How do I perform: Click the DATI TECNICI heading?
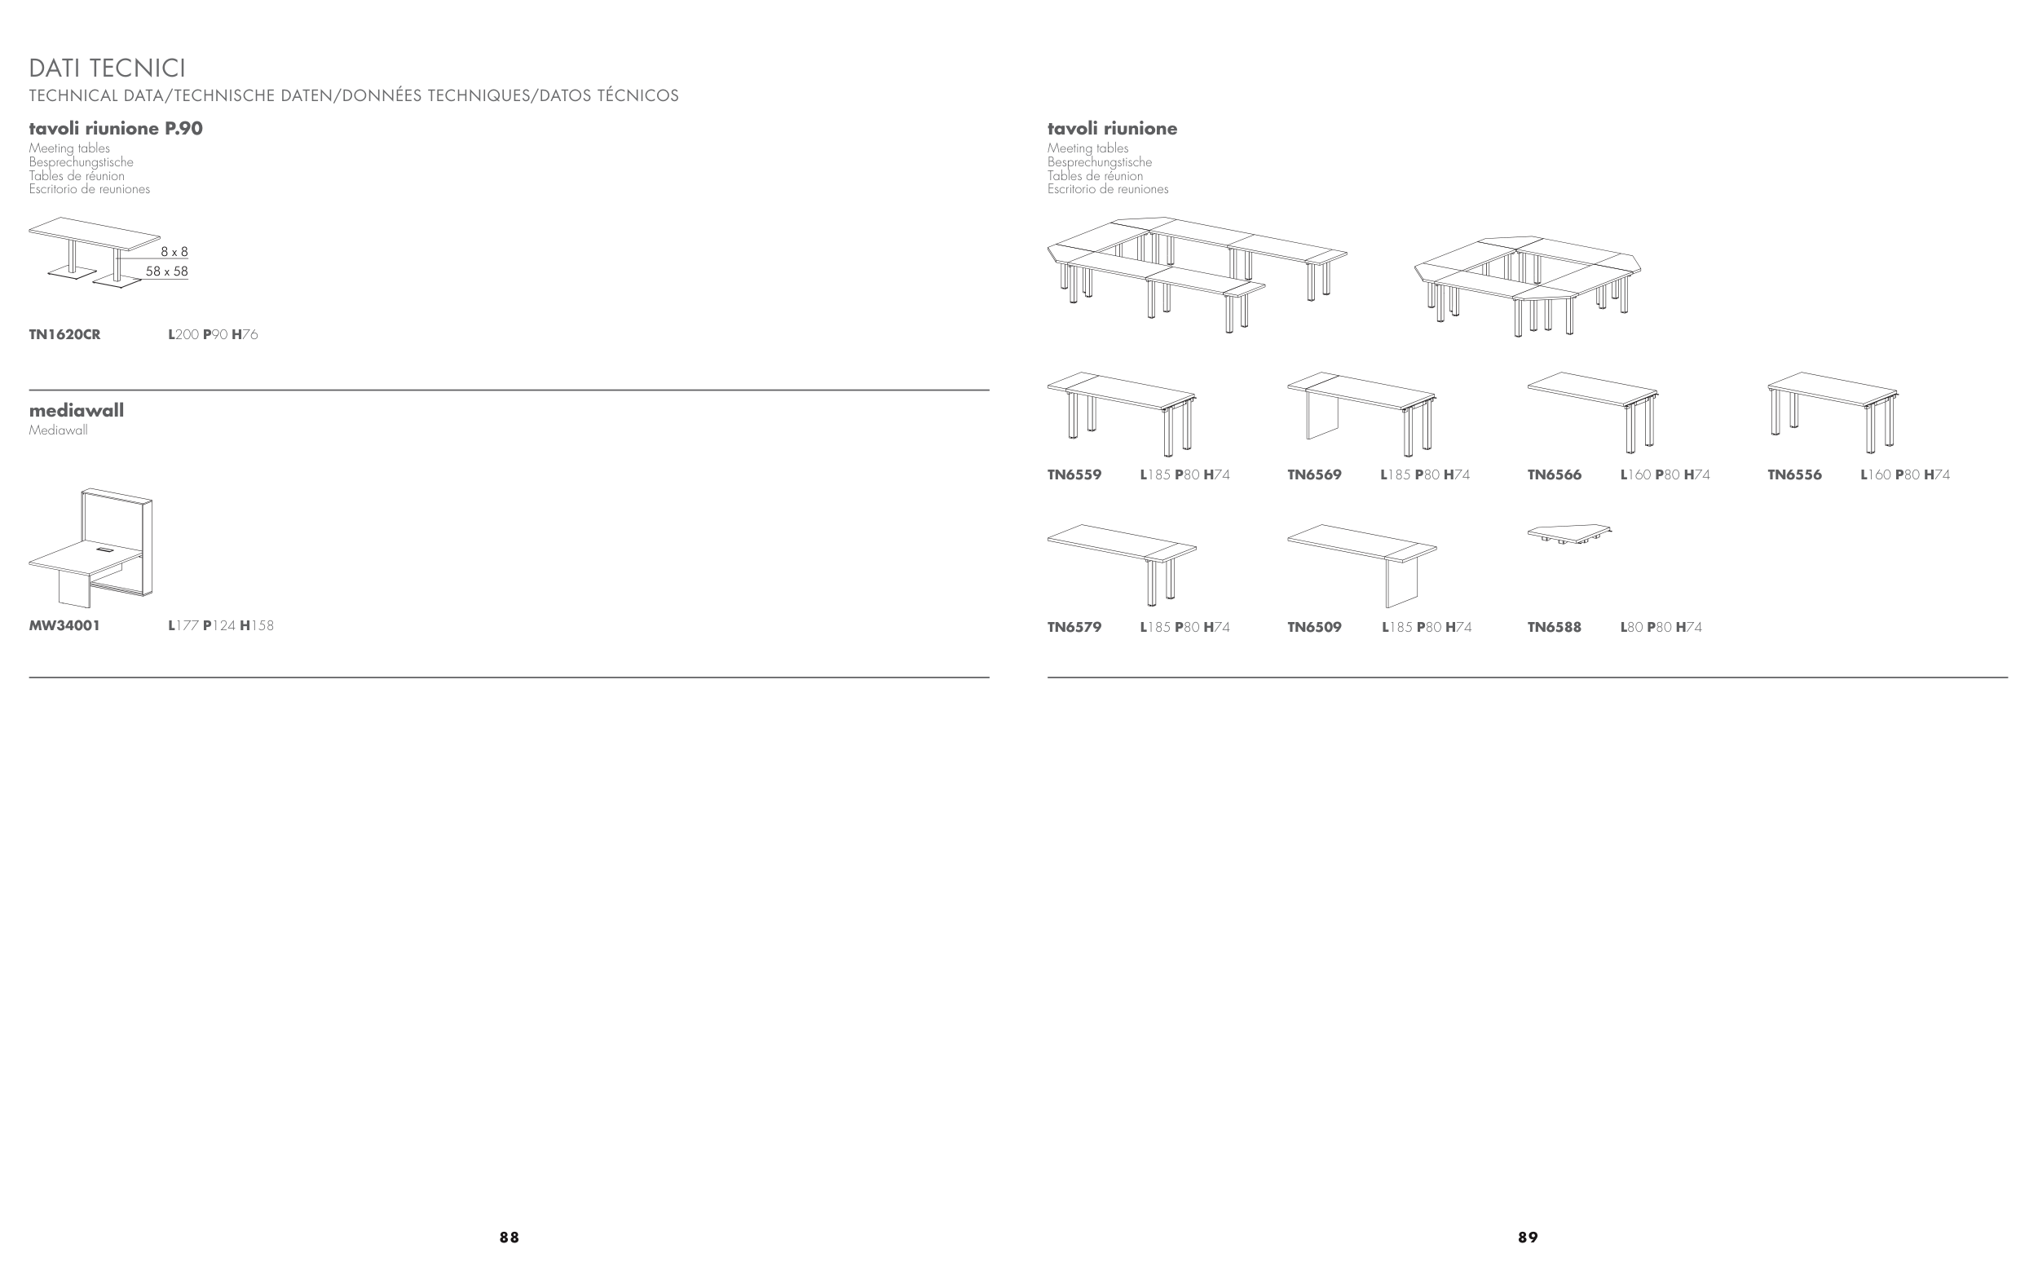pyautogui.click(x=108, y=68)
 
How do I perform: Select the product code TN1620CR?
pyautogui.click(x=64, y=335)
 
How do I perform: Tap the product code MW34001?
pyautogui.click(x=64, y=626)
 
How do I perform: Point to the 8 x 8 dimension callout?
pyautogui.click(x=174, y=251)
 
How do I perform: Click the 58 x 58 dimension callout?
pyautogui.click(x=167, y=271)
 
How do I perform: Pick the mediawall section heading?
pyautogui.click(x=76, y=411)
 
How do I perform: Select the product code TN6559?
pyautogui.click(x=1074, y=475)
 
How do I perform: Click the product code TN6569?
pyautogui.click(x=1314, y=475)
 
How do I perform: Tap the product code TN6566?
pyautogui.click(x=1554, y=475)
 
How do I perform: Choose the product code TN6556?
pyautogui.click(x=1794, y=475)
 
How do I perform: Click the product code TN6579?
pyautogui.click(x=1074, y=628)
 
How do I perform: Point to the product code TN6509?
pyautogui.click(x=1314, y=628)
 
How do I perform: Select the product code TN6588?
pyautogui.click(x=1554, y=628)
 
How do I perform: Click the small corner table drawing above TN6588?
pyautogui.click(x=1568, y=532)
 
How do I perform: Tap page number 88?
pyautogui.click(x=509, y=1238)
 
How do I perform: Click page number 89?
pyautogui.click(x=1528, y=1238)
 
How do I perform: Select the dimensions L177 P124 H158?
pyautogui.click(x=220, y=626)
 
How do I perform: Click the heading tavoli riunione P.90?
pyautogui.click(x=116, y=129)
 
